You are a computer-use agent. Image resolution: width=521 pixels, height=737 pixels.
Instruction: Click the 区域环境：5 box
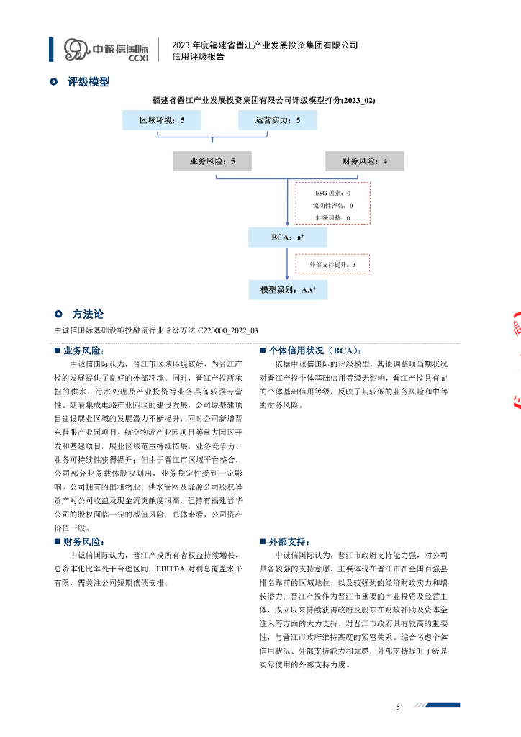[162, 121]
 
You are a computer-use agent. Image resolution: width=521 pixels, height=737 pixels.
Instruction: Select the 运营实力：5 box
[277, 121]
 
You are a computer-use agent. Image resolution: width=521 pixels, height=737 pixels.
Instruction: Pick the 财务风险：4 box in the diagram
[364, 161]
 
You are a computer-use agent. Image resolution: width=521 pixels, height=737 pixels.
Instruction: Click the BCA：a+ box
[287, 237]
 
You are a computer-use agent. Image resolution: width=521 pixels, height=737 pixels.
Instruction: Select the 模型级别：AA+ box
[287, 291]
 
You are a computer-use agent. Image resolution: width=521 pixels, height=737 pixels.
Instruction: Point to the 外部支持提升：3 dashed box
[332, 264]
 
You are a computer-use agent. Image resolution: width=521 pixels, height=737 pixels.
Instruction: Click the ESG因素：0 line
[332, 193]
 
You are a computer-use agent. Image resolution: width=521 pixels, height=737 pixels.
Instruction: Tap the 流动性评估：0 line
[332, 205]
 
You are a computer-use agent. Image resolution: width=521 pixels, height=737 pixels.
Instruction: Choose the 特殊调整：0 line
[332, 217]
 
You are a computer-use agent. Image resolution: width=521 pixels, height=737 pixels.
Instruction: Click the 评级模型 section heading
[89, 82]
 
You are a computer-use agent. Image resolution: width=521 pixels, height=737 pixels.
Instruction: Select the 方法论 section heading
[88, 315]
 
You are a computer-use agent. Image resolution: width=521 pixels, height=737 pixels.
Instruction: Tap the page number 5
[398, 707]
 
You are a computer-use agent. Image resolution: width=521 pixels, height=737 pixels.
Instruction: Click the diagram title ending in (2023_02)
[263, 100]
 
